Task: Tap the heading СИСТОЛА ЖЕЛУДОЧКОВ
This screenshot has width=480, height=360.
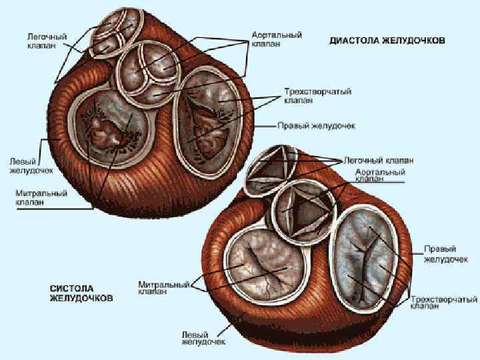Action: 81,293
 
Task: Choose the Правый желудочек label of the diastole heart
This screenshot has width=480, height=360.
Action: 316,125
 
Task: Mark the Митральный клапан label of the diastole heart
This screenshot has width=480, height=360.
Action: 41,198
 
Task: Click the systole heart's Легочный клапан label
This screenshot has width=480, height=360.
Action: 379,161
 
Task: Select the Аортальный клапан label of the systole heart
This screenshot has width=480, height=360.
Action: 380,175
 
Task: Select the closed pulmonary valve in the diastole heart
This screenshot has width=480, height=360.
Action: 107,34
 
